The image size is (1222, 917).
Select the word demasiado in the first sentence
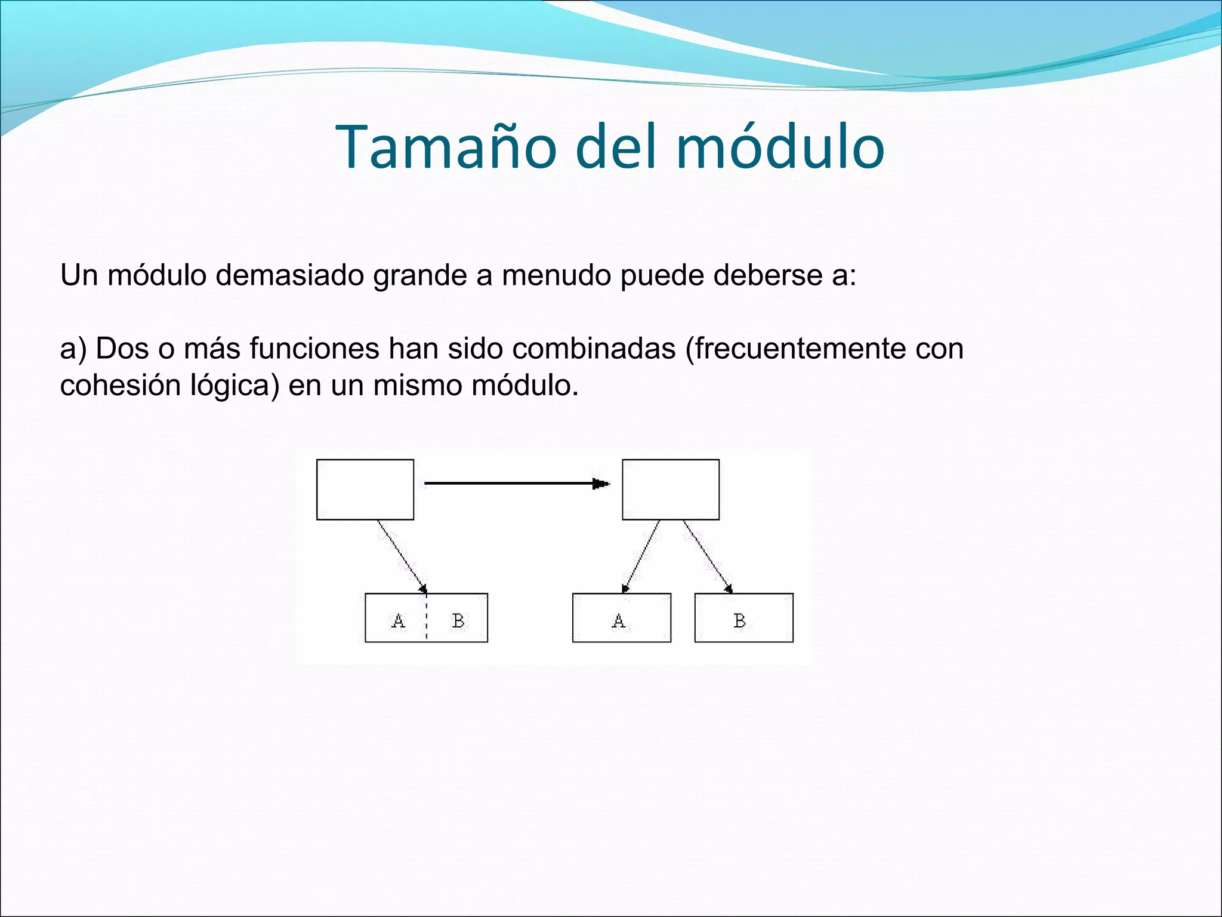(289, 275)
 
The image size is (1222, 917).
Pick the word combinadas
(593, 348)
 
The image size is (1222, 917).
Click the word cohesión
(120, 385)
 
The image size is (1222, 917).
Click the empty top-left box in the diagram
(365, 490)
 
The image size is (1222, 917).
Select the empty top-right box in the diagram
(670, 490)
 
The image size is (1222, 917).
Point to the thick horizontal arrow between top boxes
(516, 484)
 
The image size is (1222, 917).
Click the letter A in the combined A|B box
(398, 621)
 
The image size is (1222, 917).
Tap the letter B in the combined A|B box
(458, 621)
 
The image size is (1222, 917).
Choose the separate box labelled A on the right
(621, 618)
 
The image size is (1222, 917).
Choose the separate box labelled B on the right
(743, 618)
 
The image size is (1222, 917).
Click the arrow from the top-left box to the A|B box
(402, 555)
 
